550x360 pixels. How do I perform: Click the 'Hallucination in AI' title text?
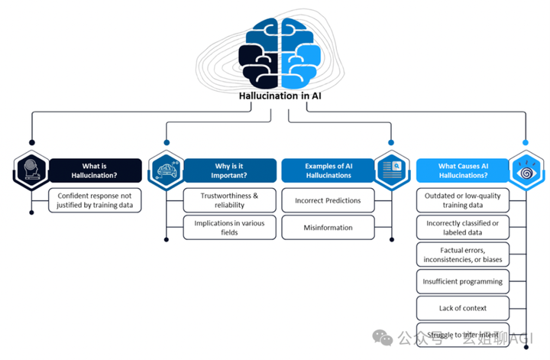click(x=280, y=96)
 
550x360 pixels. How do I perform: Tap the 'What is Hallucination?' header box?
click(x=95, y=170)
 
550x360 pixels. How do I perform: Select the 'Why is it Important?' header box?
click(x=229, y=170)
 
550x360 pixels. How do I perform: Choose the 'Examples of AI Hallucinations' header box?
click(x=328, y=170)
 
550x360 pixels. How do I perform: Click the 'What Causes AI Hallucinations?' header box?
click(x=463, y=170)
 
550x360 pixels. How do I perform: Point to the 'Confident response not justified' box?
click(x=95, y=200)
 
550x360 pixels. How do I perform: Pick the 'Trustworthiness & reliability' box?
click(x=229, y=200)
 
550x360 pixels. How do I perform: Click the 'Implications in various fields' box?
click(x=229, y=227)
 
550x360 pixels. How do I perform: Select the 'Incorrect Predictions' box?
click(x=328, y=200)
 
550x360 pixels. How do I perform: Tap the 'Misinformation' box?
click(x=328, y=227)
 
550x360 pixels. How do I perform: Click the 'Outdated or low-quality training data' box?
click(x=463, y=200)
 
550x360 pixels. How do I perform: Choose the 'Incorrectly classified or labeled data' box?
click(x=463, y=227)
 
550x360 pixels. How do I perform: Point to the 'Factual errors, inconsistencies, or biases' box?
click(x=463, y=255)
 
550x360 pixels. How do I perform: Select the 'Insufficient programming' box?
click(x=463, y=281)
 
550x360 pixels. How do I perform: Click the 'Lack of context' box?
click(x=463, y=308)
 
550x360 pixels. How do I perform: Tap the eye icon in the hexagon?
click(x=526, y=171)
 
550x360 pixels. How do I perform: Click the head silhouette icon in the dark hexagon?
click(x=31, y=170)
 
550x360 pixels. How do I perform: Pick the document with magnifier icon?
click(x=392, y=170)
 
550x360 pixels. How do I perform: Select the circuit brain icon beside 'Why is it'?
click(x=167, y=170)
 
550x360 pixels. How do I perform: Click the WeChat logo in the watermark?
click(x=383, y=337)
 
